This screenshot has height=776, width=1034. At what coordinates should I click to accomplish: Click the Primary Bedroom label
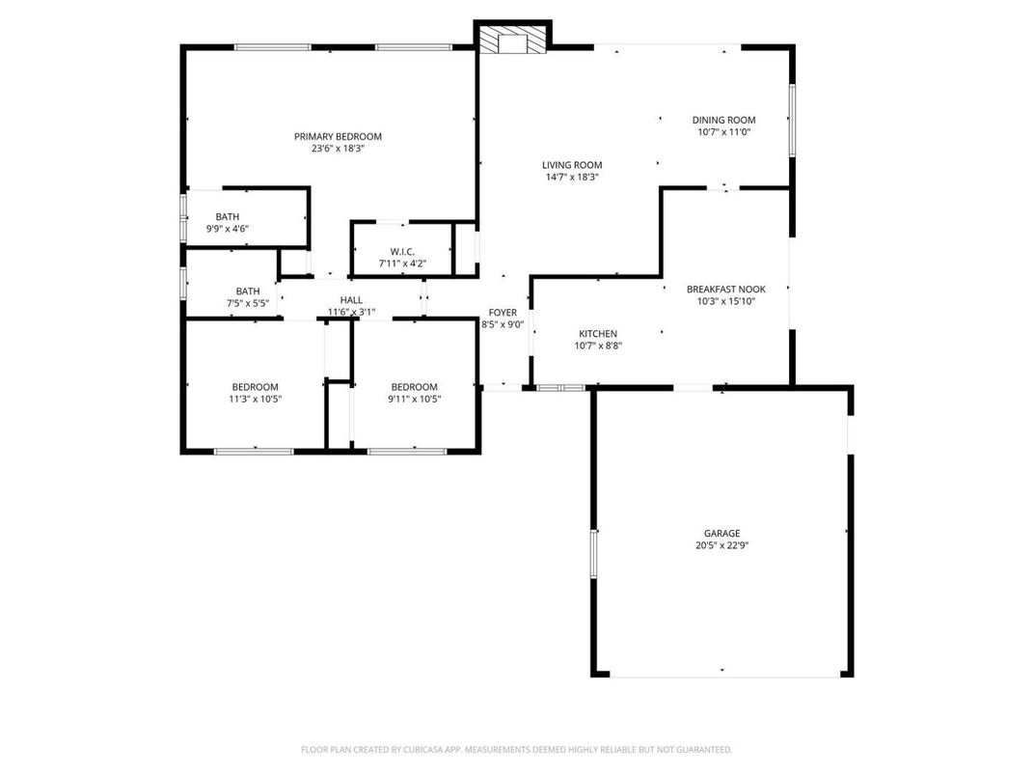click(x=338, y=136)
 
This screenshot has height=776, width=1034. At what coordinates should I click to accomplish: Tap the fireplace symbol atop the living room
click(x=510, y=41)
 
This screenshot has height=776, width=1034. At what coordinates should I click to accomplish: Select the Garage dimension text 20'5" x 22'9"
click(x=721, y=545)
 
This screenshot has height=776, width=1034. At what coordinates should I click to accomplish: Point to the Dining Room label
click(x=723, y=120)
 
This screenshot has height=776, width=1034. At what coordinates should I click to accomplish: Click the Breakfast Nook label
click(x=725, y=289)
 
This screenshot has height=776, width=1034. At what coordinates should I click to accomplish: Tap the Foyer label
click(x=503, y=313)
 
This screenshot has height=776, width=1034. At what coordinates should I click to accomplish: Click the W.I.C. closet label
click(x=402, y=251)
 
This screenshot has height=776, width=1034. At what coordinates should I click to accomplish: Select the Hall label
click(x=351, y=300)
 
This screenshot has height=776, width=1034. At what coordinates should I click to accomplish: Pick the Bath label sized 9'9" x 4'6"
click(x=228, y=216)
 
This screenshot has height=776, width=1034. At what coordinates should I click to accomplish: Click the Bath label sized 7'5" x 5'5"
click(x=248, y=291)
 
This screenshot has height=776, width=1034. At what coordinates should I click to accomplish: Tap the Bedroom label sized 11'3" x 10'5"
click(x=255, y=387)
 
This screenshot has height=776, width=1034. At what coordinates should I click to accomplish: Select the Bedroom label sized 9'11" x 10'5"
click(x=414, y=387)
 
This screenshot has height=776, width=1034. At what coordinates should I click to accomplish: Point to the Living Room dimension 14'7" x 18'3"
click(x=571, y=177)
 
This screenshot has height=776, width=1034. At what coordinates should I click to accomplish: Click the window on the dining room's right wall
click(x=792, y=120)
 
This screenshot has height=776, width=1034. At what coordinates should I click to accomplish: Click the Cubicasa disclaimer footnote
click(x=516, y=750)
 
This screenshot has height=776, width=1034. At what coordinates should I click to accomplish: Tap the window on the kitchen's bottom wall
click(x=560, y=388)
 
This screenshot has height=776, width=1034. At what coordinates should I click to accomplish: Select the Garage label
click(x=721, y=533)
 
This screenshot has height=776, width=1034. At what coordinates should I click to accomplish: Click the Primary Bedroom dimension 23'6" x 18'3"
click(x=338, y=149)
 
